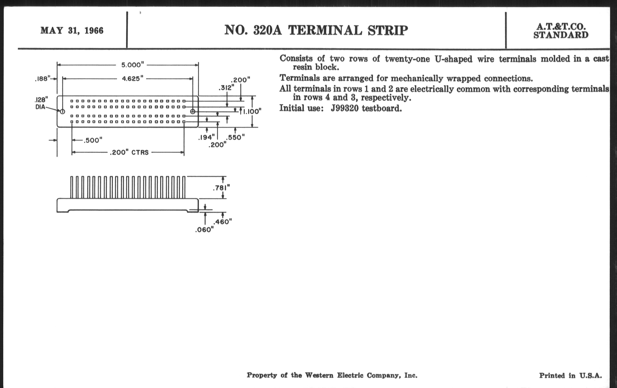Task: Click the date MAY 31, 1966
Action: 72,30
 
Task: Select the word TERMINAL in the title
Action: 325,30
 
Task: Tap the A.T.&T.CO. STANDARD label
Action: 561,31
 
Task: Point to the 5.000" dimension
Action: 132,65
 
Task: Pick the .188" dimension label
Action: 43,79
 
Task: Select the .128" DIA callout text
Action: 41,103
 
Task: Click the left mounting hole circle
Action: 62,111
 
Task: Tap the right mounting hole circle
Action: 193,111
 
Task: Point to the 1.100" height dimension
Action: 252,111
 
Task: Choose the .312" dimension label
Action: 226,88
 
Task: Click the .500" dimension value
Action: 93,140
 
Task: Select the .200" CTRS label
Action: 129,153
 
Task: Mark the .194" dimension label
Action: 206,137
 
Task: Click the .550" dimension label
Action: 235,137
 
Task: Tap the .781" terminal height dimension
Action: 221,188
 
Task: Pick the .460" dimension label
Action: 223,222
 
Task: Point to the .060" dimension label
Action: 204,230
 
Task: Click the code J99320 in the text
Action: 345,108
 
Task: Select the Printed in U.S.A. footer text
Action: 570,376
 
